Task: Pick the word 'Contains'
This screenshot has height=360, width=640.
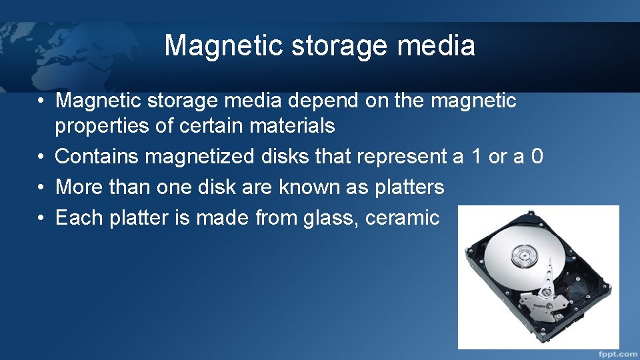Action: (x=97, y=157)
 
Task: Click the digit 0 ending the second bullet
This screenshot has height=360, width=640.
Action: (x=537, y=157)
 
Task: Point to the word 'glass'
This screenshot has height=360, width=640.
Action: (x=319, y=217)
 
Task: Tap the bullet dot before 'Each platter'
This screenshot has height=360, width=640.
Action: (x=41, y=217)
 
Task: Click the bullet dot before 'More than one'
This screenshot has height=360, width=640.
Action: (x=41, y=187)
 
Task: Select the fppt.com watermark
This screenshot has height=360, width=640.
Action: (x=617, y=353)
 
